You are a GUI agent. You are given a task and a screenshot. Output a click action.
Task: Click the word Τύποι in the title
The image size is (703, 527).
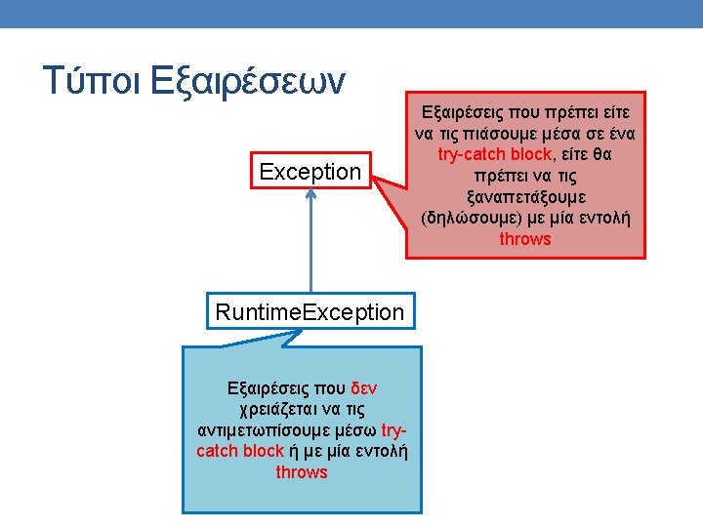click(x=92, y=80)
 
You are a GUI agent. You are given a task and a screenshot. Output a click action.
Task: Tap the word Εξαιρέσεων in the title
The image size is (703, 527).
click(x=247, y=83)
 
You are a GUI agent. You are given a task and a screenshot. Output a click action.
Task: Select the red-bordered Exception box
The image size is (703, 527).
click(x=310, y=171)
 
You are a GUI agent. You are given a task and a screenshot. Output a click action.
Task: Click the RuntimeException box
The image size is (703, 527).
click(x=310, y=311)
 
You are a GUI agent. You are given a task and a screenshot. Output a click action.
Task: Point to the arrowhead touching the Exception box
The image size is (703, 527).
click(x=310, y=193)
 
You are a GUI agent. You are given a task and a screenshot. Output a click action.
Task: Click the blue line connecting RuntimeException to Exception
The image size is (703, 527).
click(x=310, y=241)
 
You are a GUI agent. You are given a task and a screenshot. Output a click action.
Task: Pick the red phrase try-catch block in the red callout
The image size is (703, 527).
click(x=494, y=154)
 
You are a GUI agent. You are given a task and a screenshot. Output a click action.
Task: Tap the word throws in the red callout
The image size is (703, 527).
click(x=525, y=239)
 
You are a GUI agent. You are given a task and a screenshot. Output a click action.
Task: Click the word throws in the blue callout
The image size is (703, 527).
click(x=302, y=472)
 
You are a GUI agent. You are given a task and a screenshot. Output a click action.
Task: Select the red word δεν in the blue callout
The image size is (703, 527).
click(x=363, y=388)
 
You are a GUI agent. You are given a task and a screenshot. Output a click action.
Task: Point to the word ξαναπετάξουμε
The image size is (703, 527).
click(x=526, y=197)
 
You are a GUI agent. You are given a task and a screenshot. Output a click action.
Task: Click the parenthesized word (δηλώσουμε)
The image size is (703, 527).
click(x=472, y=219)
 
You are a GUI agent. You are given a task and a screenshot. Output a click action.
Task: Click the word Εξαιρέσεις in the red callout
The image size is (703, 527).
click(x=463, y=112)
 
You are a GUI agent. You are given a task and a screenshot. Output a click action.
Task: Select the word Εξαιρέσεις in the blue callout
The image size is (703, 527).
click(x=269, y=388)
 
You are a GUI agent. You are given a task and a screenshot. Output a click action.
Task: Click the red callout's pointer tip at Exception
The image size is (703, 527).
click(x=372, y=177)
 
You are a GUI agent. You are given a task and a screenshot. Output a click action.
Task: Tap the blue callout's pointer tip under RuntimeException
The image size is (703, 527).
click(x=300, y=331)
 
